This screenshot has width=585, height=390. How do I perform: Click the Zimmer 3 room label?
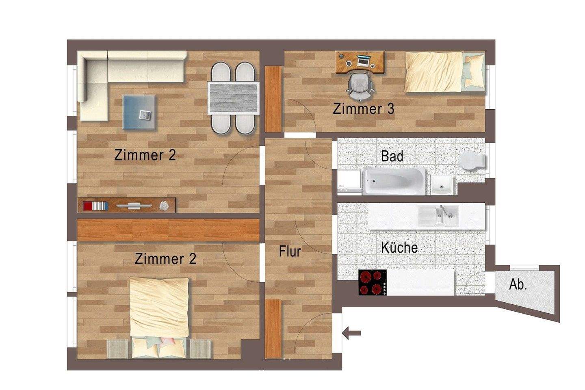[363, 109]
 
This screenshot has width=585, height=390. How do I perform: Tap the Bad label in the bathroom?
[392, 156]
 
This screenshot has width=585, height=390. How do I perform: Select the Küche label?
[399, 247]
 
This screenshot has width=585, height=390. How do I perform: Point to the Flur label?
[290, 251]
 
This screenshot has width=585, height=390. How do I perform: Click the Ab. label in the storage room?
[518, 284]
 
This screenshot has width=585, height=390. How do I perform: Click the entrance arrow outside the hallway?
[352, 334]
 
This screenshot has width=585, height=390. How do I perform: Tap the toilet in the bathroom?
[472, 161]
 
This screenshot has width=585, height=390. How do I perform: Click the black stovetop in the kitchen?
[373, 283]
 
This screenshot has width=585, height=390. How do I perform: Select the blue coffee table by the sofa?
[139, 112]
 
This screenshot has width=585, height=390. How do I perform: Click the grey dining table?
[233, 98]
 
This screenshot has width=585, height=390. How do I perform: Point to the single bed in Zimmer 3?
[444, 72]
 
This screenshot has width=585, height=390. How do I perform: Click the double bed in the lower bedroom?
[159, 317]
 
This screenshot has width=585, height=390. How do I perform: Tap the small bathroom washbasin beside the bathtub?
[442, 185]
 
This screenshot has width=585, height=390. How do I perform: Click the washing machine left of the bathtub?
[349, 181]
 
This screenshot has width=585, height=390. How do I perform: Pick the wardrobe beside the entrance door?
[273, 329]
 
